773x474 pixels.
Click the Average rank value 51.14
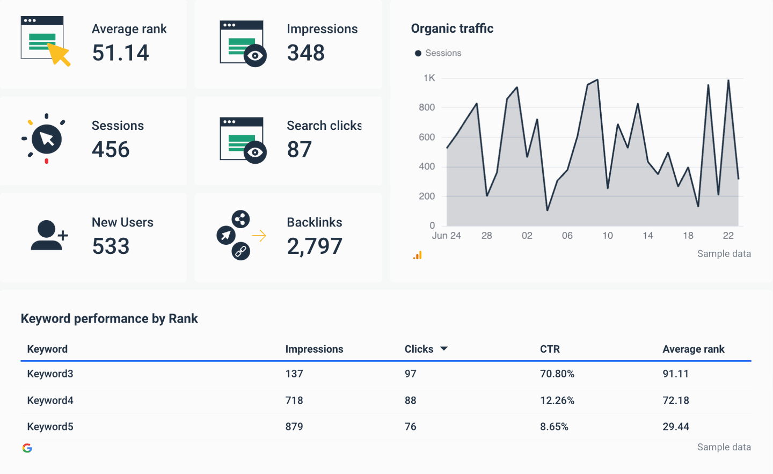[120, 53]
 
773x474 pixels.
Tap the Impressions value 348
[305, 53]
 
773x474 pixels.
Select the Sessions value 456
[111, 149]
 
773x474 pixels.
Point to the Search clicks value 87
[299, 149]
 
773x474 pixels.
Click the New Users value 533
[111, 246]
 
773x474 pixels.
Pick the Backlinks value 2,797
[315, 246]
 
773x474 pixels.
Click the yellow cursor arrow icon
[60, 54]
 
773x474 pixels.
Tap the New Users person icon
[48, 235]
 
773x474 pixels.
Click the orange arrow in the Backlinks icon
[259, 236]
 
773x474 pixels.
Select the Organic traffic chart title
[452, 28]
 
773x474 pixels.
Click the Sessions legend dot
[418, 53]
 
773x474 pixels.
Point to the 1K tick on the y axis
[429, 78]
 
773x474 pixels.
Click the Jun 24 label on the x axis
[446, 236]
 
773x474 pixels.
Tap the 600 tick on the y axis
[427, 137]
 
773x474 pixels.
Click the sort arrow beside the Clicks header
[444, 349]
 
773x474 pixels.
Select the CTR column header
[550, 349]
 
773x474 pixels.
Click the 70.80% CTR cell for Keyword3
[557, 374]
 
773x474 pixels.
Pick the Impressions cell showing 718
[294, 400]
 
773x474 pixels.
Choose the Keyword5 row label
[50, 427]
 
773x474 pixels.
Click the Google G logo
[27, 448]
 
